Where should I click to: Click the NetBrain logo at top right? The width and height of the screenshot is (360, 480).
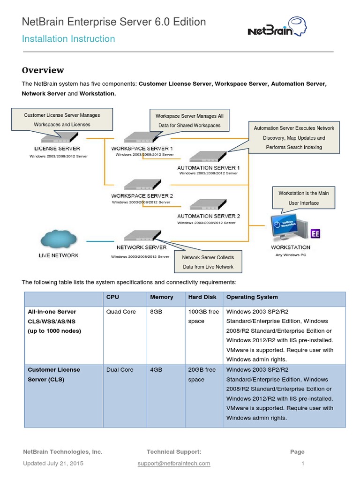(277, 27)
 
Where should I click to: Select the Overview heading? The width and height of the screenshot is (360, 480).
(43, 70)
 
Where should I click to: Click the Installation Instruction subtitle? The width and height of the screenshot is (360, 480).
(68, 39)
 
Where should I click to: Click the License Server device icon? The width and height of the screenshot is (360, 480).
(60, 138)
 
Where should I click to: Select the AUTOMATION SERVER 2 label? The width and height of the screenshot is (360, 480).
(209, 216)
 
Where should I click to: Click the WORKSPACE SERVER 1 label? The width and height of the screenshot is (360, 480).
(142, 148)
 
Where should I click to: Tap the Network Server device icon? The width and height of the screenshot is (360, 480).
(142, 236)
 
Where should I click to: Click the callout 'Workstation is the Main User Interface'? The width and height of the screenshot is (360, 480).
(304, 198)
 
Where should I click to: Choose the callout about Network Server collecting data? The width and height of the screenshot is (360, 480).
(208, 262)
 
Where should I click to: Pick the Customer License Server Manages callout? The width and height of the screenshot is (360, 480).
(62, 120)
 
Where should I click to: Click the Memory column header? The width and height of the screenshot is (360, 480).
(162, 297)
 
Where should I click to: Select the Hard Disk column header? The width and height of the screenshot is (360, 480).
(202, 297)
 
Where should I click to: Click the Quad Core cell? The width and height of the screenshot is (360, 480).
(121, 312)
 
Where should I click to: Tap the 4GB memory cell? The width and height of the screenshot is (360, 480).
(156, 370)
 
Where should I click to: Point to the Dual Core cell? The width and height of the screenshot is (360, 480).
(120, 370)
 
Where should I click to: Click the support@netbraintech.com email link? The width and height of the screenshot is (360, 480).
(174, 464)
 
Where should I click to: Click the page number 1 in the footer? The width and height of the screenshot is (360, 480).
(303, 464)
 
